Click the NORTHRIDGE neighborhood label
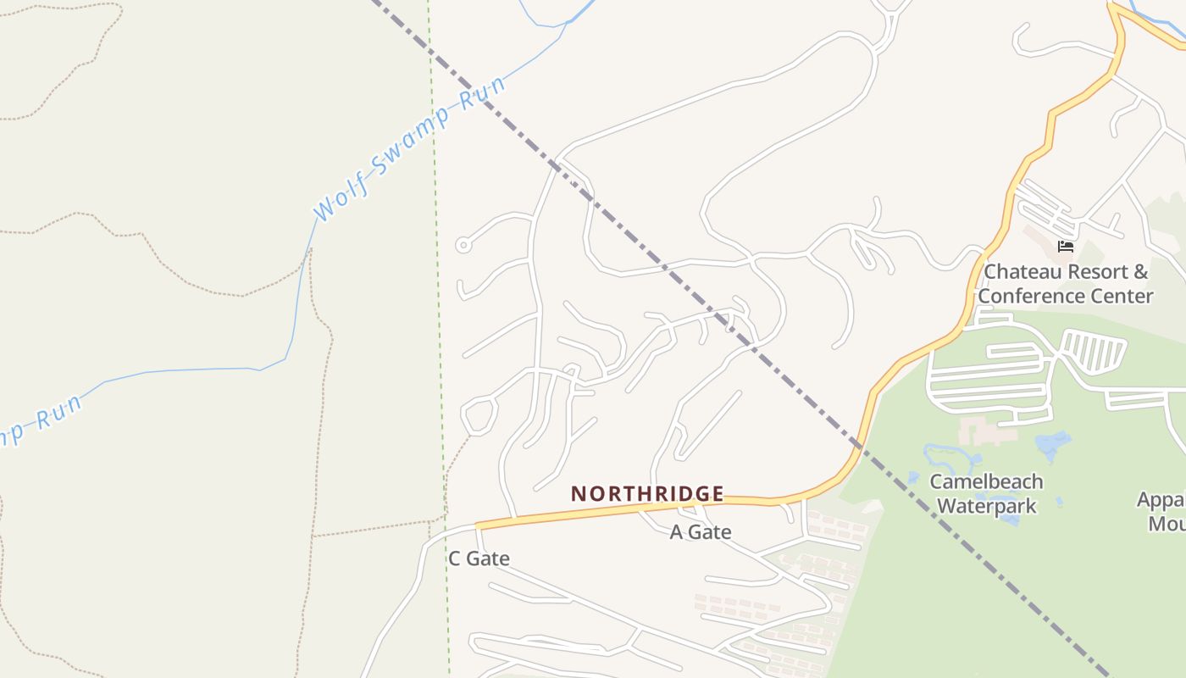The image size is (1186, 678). (x=647, y=493)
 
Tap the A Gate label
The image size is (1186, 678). (x=700, y=532)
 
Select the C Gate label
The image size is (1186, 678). (x=479, y=559)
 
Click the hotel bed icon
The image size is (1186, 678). (x=1066, y=247)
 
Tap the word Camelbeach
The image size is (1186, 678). (x=986, y=482)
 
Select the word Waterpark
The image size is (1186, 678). (x=988, y=506)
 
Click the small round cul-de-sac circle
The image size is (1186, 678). (x=463, y=246)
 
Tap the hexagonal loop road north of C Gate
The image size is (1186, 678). (x=479, y=415)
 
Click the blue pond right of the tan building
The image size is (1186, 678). (x=1053, y=444)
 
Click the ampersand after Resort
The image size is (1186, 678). (x=1140, y=272)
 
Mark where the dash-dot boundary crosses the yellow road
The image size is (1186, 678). (x=858, y=445)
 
